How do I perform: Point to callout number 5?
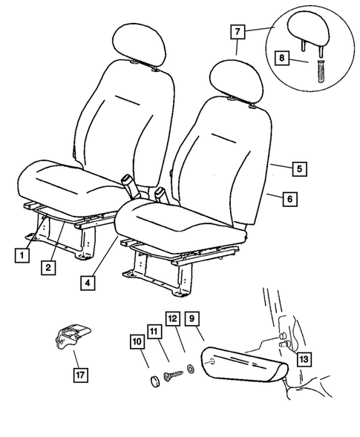pos(297,169)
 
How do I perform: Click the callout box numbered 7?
pos(238,33)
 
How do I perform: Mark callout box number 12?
pos(173,319)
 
